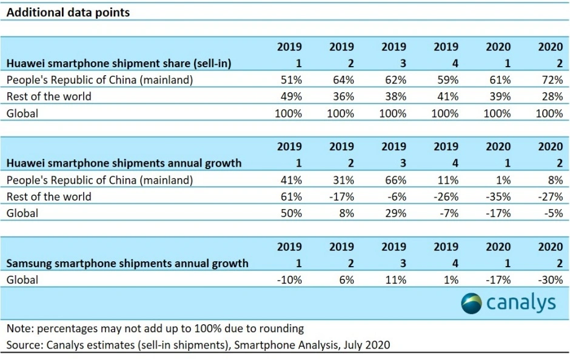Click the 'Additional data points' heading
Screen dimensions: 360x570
(68, 12)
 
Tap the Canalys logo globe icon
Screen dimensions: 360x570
(472, 303)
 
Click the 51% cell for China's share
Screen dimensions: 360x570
(289, 79)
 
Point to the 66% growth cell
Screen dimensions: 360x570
(394, 180)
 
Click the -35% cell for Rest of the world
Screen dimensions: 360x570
(498, 196)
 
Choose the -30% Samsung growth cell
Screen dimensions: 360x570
(549, 280)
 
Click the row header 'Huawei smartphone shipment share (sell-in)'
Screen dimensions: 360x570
(119, 63)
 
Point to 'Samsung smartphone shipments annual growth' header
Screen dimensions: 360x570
(127, 264)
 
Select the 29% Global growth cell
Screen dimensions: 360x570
(394, 213)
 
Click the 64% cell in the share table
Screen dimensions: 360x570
(341, 79)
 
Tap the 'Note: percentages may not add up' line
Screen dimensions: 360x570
(155, 328)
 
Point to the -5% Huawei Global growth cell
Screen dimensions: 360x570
(552, 213)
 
